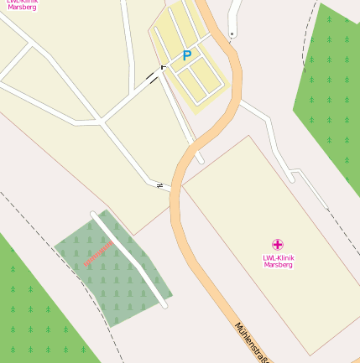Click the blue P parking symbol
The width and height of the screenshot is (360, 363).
point(186,56)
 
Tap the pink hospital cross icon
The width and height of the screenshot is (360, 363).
point(278,244)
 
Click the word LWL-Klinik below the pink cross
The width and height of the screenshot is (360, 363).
point(278,257)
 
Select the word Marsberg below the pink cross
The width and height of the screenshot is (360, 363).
point(278,264)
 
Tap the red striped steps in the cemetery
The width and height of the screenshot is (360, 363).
point(97,252)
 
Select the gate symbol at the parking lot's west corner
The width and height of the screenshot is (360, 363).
point(163,65)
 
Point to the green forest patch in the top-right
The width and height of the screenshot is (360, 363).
point(331,92)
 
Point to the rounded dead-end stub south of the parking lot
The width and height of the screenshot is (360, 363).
point(199,157)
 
